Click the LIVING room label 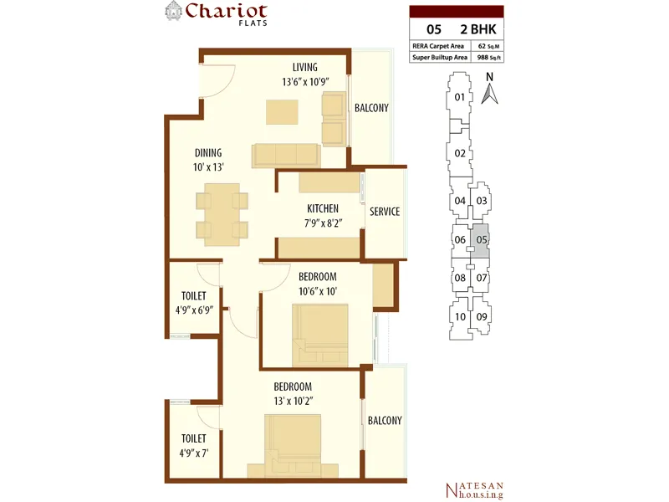point(305,68)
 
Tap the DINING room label point(208,153)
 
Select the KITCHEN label point(323,208)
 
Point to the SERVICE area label point(385,212)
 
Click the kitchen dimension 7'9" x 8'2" point(324,223)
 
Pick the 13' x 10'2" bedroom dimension point(294,402)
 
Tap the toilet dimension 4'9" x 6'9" point(194,310)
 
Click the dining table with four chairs point(222,215)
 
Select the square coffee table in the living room point(282,112)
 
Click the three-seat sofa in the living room point(286,156)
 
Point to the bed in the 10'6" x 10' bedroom point(320,336)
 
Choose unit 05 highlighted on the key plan point(480,241)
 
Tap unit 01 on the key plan point(459,97)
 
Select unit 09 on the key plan point(482,317)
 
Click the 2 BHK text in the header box point(478,29)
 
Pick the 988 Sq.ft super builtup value point(489,57)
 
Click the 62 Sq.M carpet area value point(488,46)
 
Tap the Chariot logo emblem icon point(174,11)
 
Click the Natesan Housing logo point(474,490)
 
